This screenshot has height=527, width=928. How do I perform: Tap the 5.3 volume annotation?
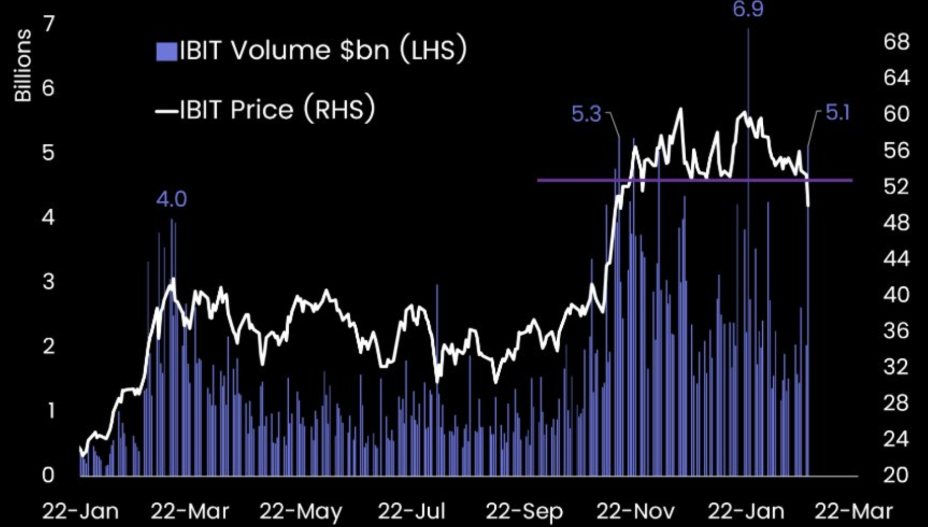586,114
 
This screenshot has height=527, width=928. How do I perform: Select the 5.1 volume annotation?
837,113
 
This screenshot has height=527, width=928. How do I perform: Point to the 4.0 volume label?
171,199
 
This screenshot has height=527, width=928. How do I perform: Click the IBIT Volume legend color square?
166,51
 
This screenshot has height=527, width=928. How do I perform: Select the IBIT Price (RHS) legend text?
277,109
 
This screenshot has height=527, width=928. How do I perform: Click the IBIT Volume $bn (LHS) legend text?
323,50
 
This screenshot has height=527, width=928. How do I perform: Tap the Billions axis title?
23,66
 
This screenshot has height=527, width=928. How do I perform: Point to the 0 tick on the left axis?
49,474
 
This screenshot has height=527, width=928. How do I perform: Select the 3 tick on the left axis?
49,282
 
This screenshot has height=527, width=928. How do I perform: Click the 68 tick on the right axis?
896,42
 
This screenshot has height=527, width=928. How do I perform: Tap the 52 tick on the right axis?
896,186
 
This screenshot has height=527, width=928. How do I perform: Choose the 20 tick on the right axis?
896,474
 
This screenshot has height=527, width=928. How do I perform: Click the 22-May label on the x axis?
301,511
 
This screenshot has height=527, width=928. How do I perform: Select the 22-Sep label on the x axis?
524,511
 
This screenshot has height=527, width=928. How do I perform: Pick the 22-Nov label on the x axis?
635,511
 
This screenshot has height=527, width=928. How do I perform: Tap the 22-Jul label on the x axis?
412,511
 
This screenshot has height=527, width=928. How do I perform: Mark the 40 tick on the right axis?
896,295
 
